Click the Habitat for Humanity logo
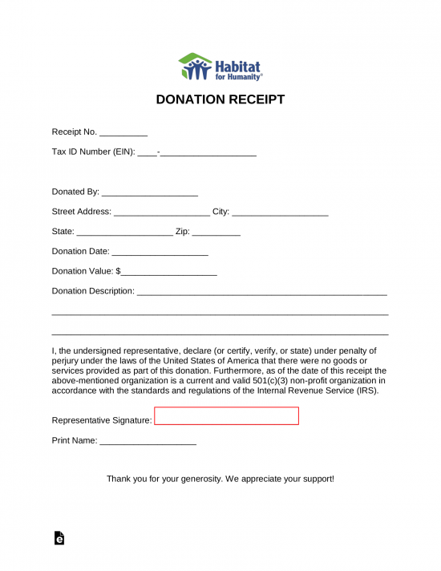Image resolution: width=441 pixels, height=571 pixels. pos(220,67)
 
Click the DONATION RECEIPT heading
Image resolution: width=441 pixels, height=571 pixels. pos(220,100)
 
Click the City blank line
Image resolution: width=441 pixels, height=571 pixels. pos(280,213)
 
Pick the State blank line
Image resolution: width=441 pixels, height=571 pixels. pos(124,233)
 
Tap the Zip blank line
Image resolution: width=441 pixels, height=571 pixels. pos(216,233)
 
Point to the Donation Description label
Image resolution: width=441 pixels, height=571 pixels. pos(93,291)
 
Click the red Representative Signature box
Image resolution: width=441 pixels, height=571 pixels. pos(226,415)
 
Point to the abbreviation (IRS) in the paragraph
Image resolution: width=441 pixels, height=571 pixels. pos(366,391)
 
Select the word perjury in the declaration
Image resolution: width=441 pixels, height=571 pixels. pos(66,361)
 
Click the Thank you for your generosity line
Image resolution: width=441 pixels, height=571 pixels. pos(220,479)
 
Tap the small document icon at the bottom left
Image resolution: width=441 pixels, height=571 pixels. pos(59,539)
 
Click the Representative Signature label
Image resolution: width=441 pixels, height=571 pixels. pos(101,420)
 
